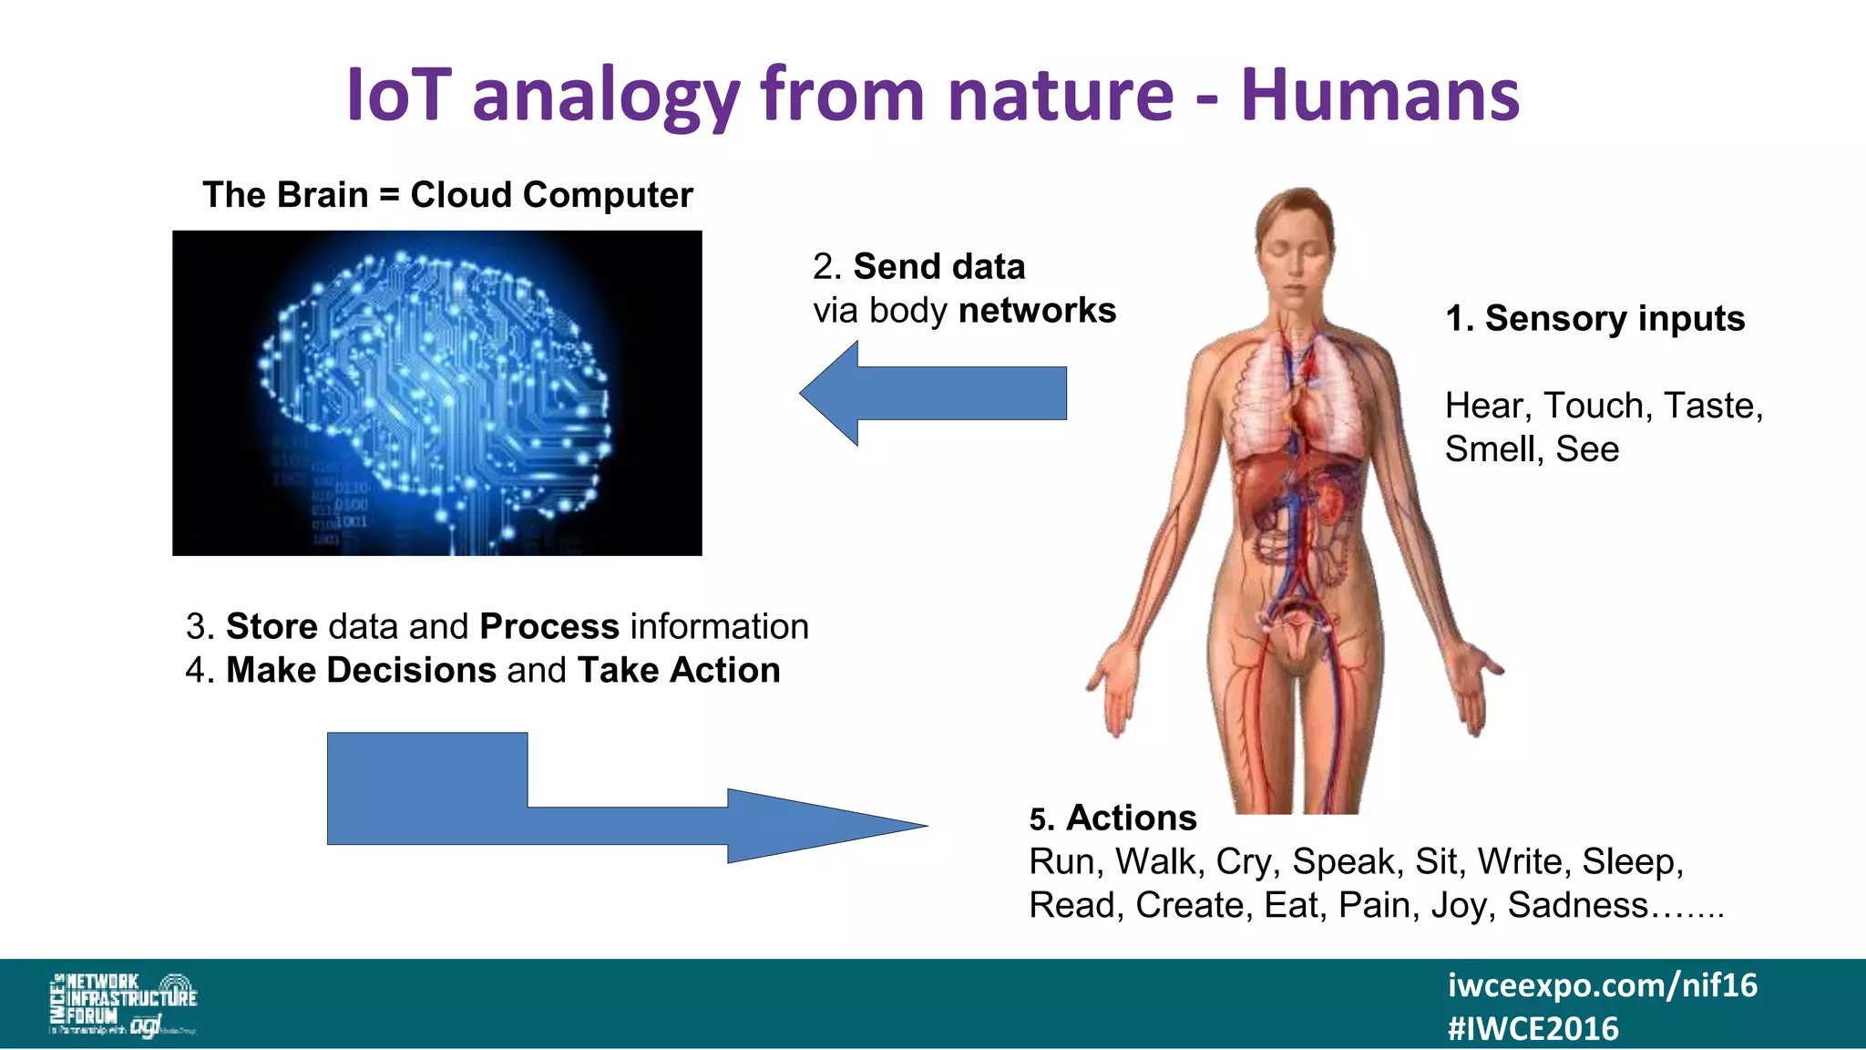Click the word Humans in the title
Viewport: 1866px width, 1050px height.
1379,95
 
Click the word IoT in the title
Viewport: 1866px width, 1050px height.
399,95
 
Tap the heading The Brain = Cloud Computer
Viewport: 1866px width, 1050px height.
447,195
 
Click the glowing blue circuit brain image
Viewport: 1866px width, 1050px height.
437,393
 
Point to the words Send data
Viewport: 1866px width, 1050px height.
938,267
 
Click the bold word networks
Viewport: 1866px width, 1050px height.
1037,311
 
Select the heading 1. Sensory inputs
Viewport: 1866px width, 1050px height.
1594,318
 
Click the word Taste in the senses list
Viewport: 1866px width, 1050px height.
1708,406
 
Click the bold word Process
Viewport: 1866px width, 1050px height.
549,627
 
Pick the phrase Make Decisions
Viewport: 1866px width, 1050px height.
361,671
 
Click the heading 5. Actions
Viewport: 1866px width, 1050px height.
1112,818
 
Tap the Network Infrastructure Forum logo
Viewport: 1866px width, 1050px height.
123,1004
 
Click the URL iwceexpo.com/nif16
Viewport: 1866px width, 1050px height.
1602,985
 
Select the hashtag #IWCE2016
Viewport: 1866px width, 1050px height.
1533,1029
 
